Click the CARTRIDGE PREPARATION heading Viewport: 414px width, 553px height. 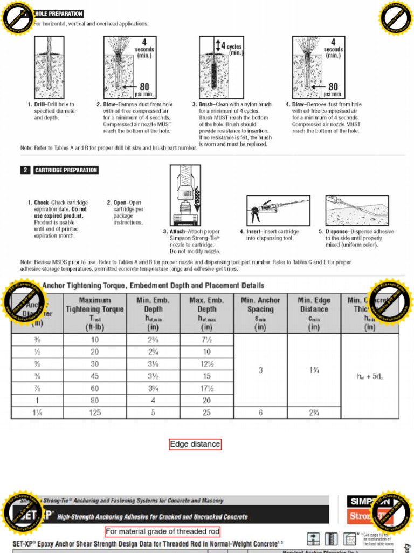pos(66,170)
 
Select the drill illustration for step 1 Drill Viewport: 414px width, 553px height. pos(49,67)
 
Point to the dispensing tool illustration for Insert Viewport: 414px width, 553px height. pos(278,210)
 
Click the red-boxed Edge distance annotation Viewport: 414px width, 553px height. pos(195,444)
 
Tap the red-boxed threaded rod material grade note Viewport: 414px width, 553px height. pos(162,531)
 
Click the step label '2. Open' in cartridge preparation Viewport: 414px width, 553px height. pos(116,203)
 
